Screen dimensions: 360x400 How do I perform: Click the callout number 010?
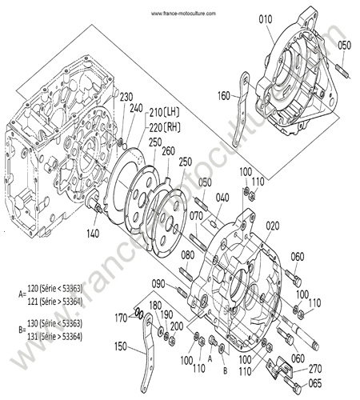pyautogui.click(x=266, y=19)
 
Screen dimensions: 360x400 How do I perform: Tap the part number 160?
pyautogui.click(x=224, y=96)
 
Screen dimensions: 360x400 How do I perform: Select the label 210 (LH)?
pyautogui.click(x=164, y=112)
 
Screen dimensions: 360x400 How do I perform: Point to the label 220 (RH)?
pyautogui.click(x=165, y=127)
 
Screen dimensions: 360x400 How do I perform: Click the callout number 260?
pyautogui.click(x=168, y=151)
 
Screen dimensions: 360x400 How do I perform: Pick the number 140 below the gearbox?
pyautogui.click(x=93, y=234)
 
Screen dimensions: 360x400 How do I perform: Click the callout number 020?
pyautogui.click(x=273, y=226)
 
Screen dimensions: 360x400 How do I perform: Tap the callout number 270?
pyautogui.click(x=315, y=369)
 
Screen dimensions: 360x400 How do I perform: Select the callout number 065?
pyautogui.click(x=315, y=383)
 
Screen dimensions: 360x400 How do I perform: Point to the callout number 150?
pyautogui.click(x=121, y=346)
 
